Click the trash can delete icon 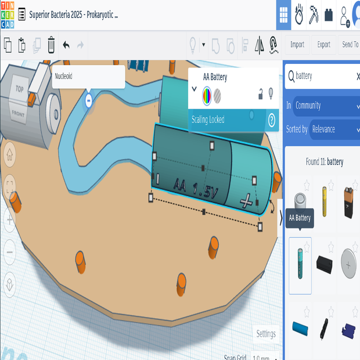tap(51, 45)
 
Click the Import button tap(297, 45)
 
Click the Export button tap(323, 45)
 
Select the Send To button tap(350, 45)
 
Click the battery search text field tap(322, 76)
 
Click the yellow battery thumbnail tap(325, 200)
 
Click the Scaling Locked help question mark tap(271, 120)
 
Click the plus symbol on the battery tap(247, 201)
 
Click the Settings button tap(266, 334)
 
